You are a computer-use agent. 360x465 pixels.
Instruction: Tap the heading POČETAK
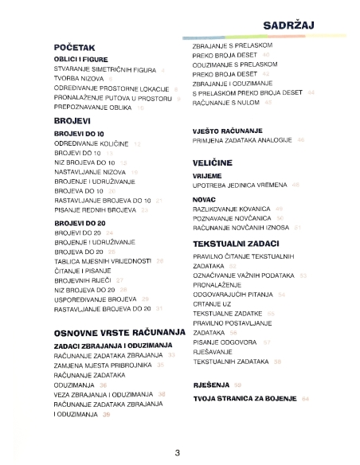click(76, 48)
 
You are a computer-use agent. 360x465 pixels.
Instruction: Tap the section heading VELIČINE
click(212, 161)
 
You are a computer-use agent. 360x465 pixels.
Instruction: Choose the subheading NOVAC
click(205, 197)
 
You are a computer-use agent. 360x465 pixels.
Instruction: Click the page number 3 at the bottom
click(178, 453)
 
